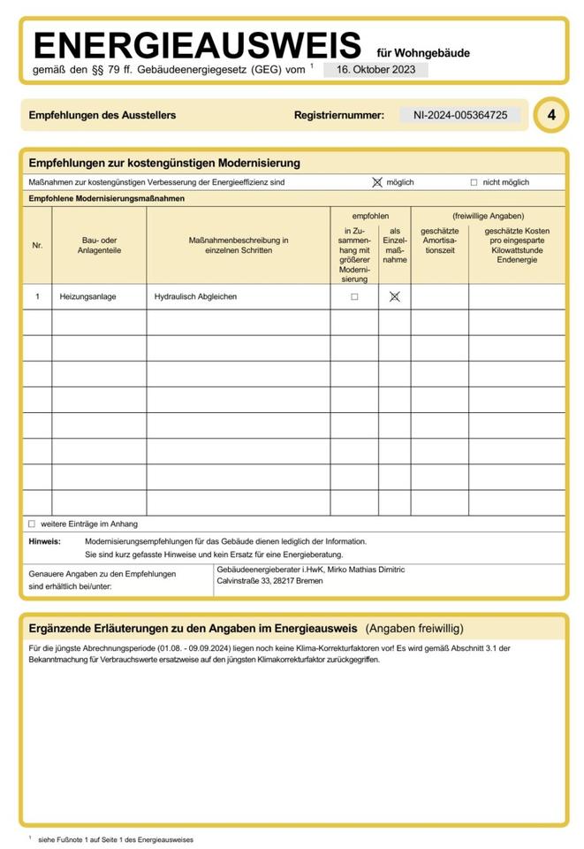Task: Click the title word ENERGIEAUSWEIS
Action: coord(197,45)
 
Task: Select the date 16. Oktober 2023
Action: coord(375,70)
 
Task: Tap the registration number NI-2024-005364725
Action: coord(459,115)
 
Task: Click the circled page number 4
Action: coord(551,115)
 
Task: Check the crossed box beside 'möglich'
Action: coord(377,182)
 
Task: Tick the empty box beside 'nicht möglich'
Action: coord(474,182)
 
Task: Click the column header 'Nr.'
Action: coord(37,245)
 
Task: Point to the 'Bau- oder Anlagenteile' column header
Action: coord(99,245)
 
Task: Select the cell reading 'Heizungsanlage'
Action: coord(87,297)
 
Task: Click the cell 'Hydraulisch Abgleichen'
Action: coord(195,297)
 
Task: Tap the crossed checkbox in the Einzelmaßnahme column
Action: coord(394,297)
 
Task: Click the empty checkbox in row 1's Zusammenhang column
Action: coord(354,297)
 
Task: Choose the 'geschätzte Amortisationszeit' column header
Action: coord(439,240)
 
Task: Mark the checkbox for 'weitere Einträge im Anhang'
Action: coord(32,524)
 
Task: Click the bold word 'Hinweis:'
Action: coord(44,541)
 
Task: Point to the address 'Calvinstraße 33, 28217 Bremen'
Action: coord(270,582)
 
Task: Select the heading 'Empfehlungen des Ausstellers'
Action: coord(102,115)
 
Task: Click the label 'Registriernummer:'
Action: coord(339,115)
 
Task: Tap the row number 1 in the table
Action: coord(37,297)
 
